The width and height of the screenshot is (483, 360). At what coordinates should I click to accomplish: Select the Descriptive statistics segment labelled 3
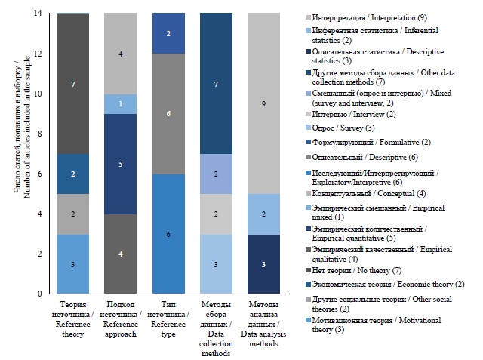pyautogui.click(x=263, y=263)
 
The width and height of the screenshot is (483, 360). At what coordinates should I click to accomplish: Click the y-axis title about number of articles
pyautogui.click(x=20, y=151)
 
